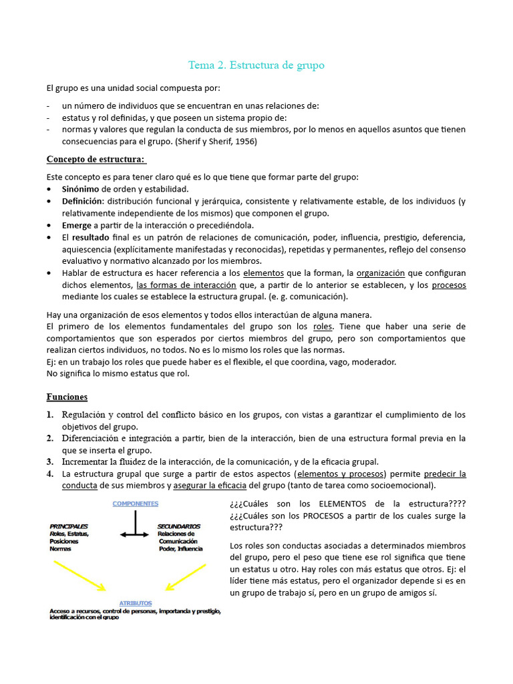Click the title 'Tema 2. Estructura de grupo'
256,65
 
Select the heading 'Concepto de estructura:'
96,159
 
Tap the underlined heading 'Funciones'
67,397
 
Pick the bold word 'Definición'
83,201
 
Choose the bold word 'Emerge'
77,225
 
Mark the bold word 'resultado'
91,237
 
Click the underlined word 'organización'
381,273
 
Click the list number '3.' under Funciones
51,462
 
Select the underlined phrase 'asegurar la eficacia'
209,486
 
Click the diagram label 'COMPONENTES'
136,503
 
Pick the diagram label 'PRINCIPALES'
69,526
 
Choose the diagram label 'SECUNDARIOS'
179,526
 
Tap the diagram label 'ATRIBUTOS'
136,602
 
